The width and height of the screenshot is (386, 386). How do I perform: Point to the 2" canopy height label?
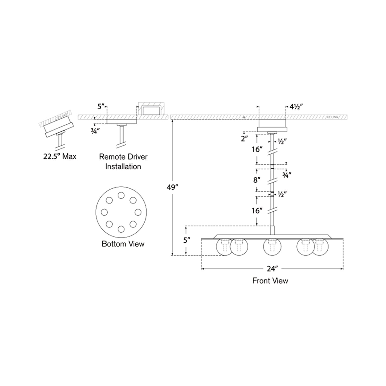point(244,139)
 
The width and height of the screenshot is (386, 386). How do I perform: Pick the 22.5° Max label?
point(60,156)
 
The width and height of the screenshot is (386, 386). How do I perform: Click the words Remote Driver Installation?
point(123,162)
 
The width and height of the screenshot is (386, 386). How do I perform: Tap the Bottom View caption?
point(123,244)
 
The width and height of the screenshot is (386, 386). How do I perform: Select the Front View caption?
point(270,280)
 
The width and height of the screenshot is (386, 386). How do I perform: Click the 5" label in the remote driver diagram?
point(101,107)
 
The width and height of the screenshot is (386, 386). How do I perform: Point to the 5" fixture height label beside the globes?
point(186,240)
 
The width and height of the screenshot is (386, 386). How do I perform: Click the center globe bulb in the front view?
point(272,247)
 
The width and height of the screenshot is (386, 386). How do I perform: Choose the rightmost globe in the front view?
point(321,247)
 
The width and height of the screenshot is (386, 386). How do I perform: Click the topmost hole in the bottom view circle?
point(121,196)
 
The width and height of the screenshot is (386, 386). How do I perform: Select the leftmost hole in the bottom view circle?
point(104,212)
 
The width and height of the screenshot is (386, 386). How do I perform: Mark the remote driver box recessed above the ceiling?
point(150,111)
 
